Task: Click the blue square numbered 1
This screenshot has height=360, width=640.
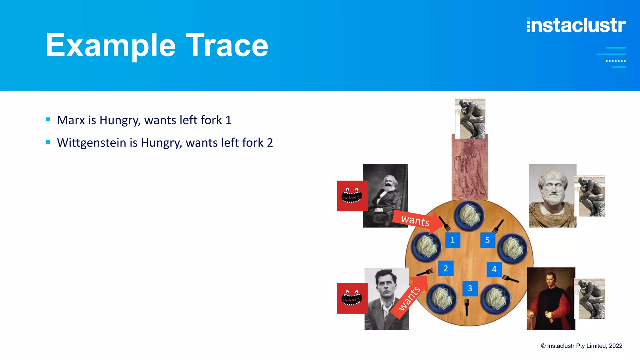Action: click(x=452, y=240)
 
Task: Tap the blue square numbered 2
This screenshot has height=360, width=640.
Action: click(x=446, y=268)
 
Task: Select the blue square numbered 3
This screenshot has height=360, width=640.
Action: click(x=470, y=288)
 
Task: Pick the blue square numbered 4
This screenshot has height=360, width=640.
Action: click(x=494, y=269)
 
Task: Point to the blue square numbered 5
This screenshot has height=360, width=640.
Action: click(x=487, y=240)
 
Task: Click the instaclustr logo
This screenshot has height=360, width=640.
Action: click(x=576, y=25)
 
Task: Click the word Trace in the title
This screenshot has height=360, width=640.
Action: click(x=227, y=46)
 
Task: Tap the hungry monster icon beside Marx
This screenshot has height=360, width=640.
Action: click(x=352, y=196)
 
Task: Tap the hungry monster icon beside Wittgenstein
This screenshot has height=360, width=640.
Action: click(x=352, y=298)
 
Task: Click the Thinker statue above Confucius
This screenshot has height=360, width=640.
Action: click(x=470, y=118)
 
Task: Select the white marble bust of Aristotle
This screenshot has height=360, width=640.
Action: click(x=552, y=196)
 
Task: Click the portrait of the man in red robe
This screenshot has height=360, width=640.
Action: click(x=551, y=298)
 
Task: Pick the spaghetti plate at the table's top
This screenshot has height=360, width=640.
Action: click(x=469, y=215)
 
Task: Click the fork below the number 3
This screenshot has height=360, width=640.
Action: click(x=467, y=307)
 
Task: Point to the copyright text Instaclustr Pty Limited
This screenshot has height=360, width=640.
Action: click(x=582, y=346)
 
